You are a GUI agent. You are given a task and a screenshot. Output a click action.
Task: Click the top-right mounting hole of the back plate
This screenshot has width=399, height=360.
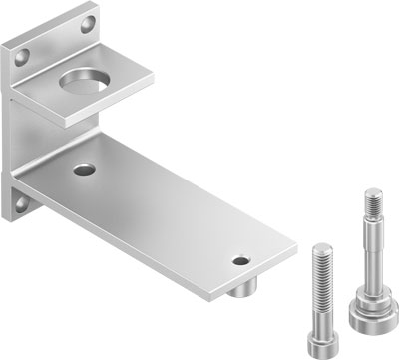tap(90, 21)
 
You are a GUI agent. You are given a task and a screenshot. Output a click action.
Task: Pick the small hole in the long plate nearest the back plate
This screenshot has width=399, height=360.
tap(80, 171)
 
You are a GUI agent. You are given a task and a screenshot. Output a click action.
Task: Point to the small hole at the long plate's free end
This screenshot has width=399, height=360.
tap(239, 261)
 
